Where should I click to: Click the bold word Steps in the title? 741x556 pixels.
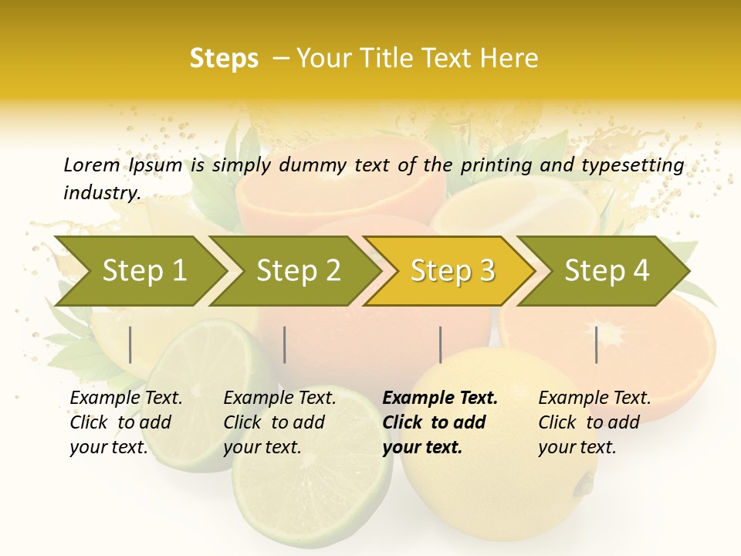[x=224, y=59]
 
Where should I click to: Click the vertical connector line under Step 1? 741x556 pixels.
[x=130, y=344]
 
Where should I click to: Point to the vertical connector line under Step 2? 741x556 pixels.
[x=285, y=344]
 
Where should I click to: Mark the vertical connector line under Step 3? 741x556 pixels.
[x=440, y=344]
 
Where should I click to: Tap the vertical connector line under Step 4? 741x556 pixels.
[x=596, y=344]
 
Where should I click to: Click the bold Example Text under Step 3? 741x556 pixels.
[x=440, y=422]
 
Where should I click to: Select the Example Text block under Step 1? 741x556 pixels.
[x=126, y=422]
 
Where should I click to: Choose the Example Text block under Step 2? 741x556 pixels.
[x=279, y=422]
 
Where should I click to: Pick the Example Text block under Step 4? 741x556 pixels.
[x=594, y=422]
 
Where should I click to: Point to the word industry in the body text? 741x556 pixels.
[x=101, y=193]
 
